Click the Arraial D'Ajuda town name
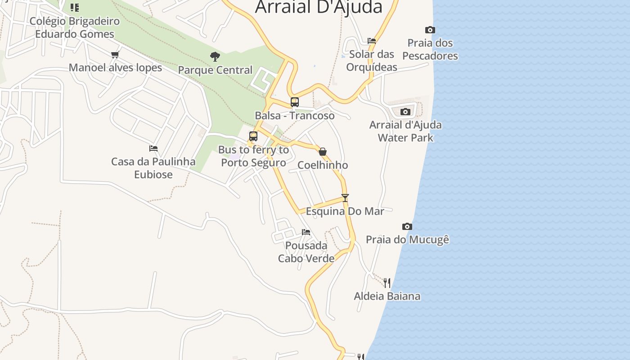319,7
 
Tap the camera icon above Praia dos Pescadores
430,30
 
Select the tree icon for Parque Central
215,57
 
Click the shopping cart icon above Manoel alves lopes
115,55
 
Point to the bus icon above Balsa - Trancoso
295,102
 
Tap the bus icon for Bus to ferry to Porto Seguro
253,136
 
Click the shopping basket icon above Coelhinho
323,152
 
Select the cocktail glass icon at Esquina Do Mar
345,198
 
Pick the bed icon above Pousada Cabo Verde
306,232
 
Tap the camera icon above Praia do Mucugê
407,226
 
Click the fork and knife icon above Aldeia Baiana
387,283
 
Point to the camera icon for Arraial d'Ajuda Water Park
405,112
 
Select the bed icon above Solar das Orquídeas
372,41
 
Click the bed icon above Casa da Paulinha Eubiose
153,148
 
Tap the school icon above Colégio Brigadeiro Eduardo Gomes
75,8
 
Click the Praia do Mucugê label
407,239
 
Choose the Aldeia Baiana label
387,296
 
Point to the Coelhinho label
323,165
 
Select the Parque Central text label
215,70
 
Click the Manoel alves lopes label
115,68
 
